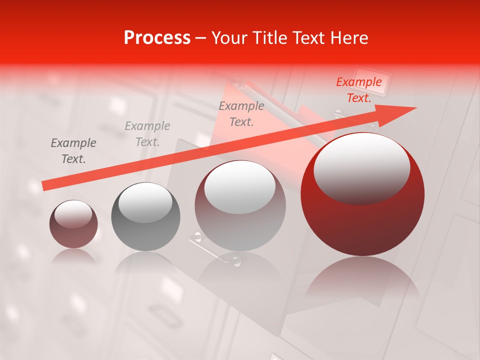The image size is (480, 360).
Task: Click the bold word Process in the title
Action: [157, 38]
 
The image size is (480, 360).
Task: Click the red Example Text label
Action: [358, 90]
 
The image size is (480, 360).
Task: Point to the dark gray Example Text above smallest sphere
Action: [73, 151]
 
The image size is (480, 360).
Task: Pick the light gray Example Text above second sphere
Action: [147, 134]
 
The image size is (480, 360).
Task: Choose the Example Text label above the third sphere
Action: [241, 114]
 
